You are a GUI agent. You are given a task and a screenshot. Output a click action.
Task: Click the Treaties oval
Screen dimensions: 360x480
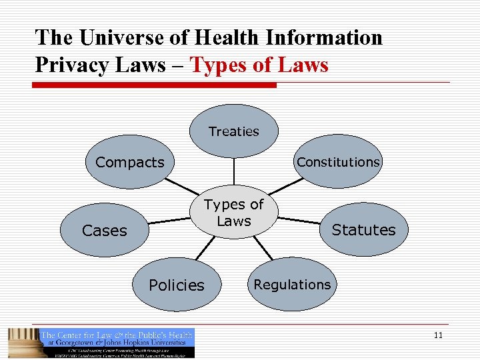coord(233,131)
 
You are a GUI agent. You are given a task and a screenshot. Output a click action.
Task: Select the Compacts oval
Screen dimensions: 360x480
coord(129,162)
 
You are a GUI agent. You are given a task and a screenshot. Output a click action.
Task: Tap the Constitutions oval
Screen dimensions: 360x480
coord(338,162)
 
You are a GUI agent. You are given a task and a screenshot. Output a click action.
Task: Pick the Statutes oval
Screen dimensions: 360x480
coord(363,230)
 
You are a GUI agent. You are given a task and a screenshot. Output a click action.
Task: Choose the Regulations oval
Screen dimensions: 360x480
coord(292,285)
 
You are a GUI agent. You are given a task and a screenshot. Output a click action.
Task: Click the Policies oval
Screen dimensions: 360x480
coord(176,285)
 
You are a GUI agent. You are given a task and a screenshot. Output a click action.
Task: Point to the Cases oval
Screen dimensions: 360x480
coord(104,231)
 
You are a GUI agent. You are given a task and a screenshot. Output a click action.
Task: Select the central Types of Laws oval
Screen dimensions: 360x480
coord(234,212)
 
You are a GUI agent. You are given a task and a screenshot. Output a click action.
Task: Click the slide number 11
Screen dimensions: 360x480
coord(437,335)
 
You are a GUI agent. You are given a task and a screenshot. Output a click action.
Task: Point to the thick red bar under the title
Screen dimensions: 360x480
coord(156,85)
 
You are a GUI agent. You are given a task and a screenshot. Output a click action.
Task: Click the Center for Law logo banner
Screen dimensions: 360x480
coord(117,343)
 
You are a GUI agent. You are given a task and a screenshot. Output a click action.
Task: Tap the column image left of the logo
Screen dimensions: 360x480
coord(23,343)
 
